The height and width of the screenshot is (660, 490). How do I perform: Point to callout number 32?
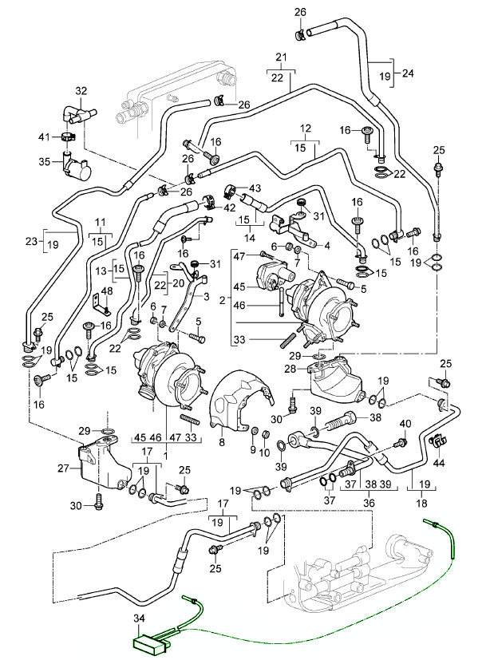coord(81,92)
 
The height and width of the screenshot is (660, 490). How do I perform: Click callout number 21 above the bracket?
coord(280,57)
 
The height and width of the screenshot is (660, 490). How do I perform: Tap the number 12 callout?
coord(305,128)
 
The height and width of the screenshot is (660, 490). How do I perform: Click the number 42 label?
coord(230,207)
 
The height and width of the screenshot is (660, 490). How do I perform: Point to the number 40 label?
coord(405,423)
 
